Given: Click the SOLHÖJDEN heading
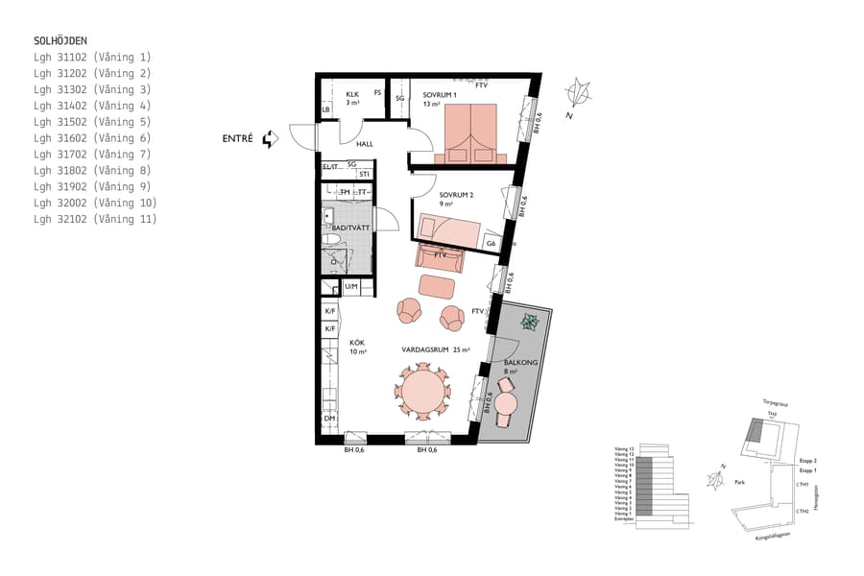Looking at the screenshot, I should [60, 40].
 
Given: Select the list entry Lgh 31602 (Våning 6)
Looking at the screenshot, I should [91, 138].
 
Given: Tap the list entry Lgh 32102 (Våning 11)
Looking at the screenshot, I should [94, 220].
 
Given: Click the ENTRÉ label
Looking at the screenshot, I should [237, 139].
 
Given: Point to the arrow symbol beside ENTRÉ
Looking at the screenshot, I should [270, 139].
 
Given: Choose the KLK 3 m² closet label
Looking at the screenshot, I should [352, 98].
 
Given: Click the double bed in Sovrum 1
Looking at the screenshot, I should [471, 133].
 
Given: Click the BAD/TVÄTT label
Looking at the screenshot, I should [350, 227].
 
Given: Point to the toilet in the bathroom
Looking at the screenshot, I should [332, 239].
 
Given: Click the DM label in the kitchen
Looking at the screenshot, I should [328, 419].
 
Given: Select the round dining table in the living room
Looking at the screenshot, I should [422, 392].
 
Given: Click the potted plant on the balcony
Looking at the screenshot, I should [528, 324].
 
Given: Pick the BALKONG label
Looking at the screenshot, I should [516, 363].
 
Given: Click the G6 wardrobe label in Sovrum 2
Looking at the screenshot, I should [491, 244].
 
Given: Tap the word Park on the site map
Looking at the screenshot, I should [739, 483].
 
